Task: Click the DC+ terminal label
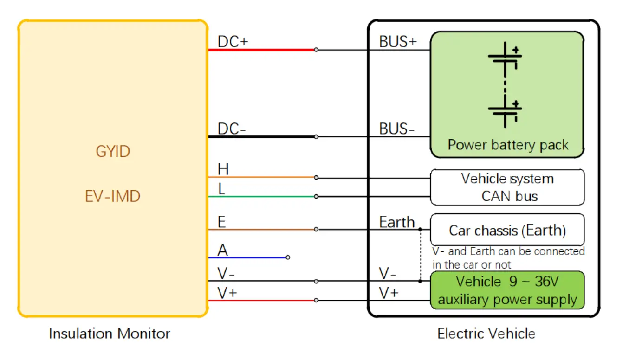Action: pos(233,42)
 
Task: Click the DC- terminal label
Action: pos(232,129)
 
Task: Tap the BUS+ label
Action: pos(398,42)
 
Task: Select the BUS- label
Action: pos(397,129)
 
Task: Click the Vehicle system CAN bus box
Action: pos(507,187)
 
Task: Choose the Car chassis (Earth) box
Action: pos(507,230)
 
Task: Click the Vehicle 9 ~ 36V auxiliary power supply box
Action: pos(507,291)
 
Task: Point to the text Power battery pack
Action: pos(507,145)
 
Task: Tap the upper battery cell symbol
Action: pos(505,58)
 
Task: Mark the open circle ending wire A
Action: pos(288,257)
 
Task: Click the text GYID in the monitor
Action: pos(113,152)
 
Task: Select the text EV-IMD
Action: pos(112,196)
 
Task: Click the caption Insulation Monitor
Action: pos(110,334)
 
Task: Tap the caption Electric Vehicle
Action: pos(486,334)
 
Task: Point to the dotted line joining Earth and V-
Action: pos(420,255)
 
